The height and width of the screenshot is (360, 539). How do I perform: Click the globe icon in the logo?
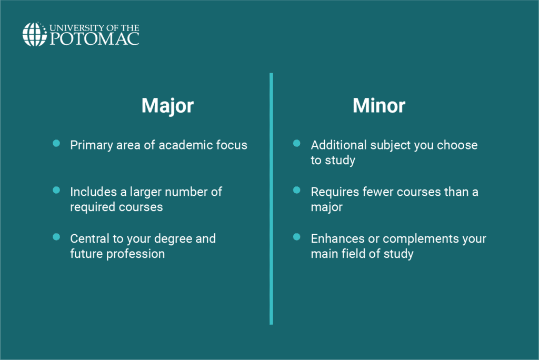pyautogui.click(x=34, y=34)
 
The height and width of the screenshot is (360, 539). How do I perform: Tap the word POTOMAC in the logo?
pyautogui.click(x=95, y=39)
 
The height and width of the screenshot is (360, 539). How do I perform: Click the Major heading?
pyautogui.click(x=168, y=106)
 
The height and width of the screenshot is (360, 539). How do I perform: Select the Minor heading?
pyautogui.click(x=379, y=105)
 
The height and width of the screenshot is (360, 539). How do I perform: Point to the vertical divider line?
pyautogui.click(x=271, y=198)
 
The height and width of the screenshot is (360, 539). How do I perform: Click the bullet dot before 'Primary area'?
pyautogui.click(x=56, y=143)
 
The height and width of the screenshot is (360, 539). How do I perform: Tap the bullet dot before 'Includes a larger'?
pyautogui.click(x=56, y=190)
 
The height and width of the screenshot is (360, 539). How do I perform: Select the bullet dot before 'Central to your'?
pyautogui.click(x=56, y=237)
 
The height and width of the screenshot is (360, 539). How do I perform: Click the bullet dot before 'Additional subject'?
pyautogui.click(x=297, y=143)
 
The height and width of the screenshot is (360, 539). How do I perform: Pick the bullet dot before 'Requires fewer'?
pyautogui.click(x=297, y=190)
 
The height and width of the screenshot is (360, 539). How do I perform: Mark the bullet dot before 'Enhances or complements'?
pyautogui.click(x=297, y=237)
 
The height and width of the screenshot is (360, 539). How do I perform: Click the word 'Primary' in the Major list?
pyautogui.click(x=92, y=145)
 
